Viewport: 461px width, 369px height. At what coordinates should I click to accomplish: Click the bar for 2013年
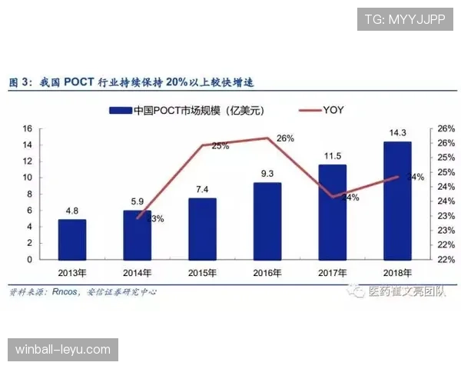(72, 239)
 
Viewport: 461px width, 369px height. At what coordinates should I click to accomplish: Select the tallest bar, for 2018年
(397, 201)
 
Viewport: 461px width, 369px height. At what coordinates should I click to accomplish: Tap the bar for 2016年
(267, 221)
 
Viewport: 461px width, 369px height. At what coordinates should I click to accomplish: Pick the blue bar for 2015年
(203, 228)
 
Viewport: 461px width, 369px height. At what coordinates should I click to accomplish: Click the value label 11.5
(332, 156)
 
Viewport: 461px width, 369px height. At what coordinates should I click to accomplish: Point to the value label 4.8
(72, 211)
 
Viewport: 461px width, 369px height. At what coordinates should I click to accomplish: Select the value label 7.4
(203, 189)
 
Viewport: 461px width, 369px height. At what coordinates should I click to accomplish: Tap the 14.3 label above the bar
(397, 133)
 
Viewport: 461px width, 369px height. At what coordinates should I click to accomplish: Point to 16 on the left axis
(27, 128)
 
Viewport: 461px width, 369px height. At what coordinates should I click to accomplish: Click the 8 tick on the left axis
(28, 194)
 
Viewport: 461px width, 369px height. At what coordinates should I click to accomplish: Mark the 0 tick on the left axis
(28, 259)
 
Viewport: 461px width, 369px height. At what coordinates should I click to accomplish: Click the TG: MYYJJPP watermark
(404, 19)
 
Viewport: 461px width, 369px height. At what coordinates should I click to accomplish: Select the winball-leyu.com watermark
(64, 350)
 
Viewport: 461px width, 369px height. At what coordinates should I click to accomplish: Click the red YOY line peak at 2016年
(267, 138)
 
